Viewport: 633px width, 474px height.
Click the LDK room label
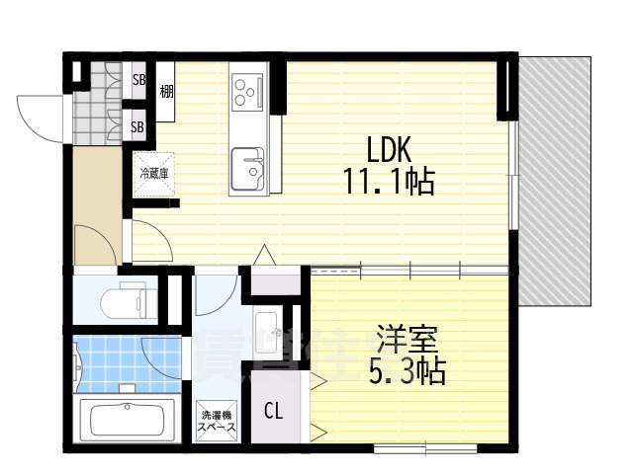pos(390,151)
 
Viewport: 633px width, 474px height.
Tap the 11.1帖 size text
pos(390,183)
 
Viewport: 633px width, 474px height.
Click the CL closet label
pos(273,410)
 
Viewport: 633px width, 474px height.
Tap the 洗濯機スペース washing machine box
pos(216,422)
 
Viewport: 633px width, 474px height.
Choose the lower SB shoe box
pos(138,126)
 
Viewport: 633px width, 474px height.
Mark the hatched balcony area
pos(556,178)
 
